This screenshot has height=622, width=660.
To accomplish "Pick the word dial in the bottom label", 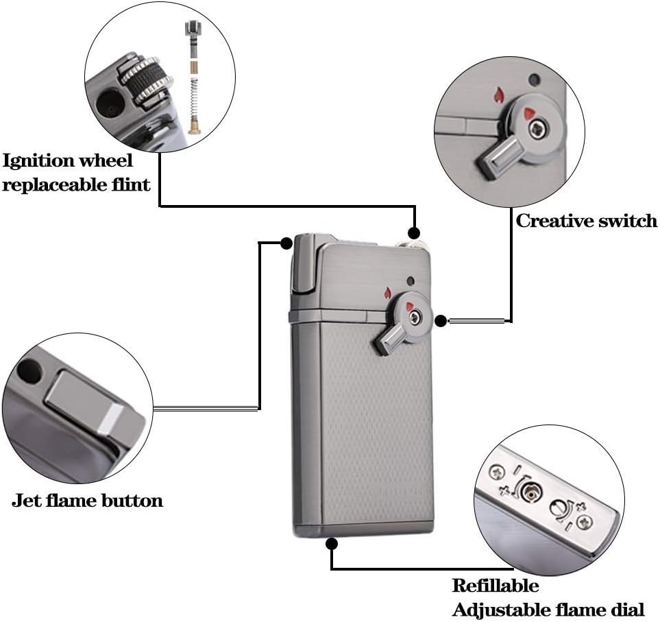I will click(x=625, y=609).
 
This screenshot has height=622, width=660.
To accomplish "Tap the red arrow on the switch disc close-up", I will click(x=530, y=112).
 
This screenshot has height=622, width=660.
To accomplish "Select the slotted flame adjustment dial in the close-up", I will click(x=559, y=510).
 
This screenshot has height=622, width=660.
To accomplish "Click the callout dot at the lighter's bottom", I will click(x=332, y=544).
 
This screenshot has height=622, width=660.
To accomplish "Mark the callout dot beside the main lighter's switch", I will click(x=441, y=320).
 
